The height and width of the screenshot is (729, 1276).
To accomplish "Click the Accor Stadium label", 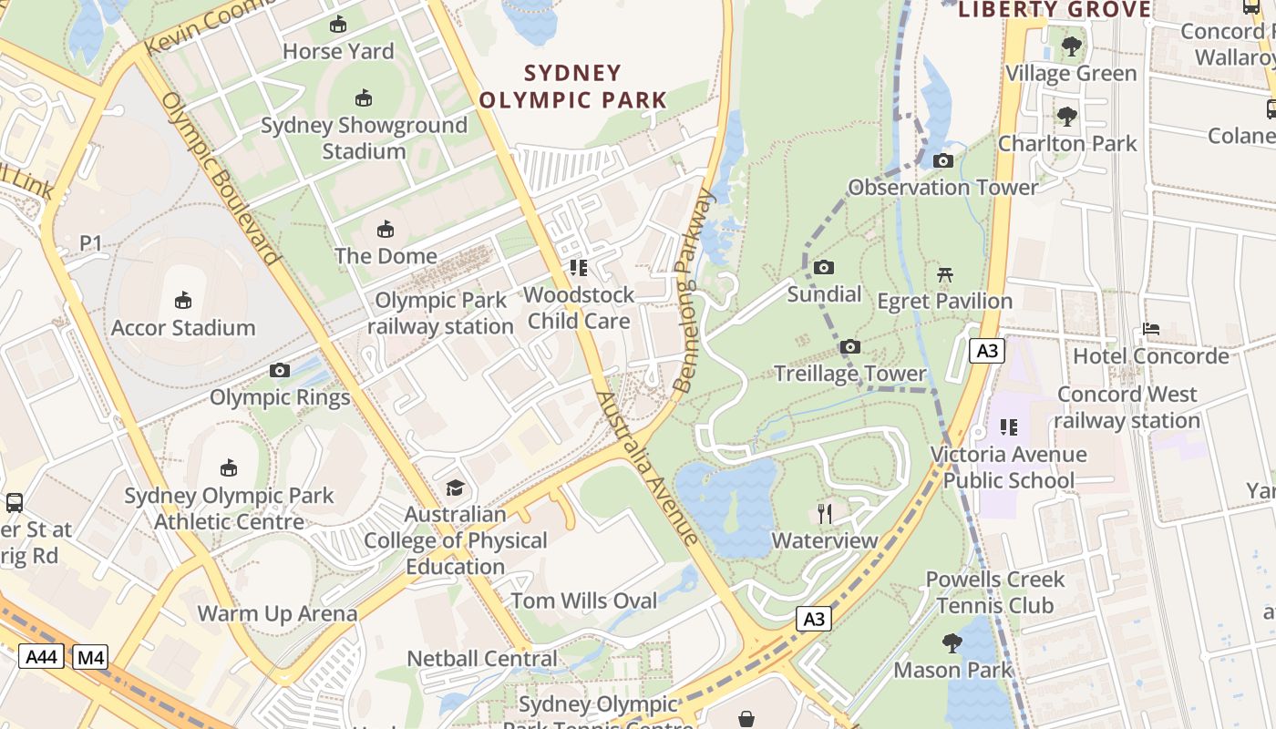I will [183, 328].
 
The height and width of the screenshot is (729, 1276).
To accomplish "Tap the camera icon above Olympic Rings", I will [280, 371].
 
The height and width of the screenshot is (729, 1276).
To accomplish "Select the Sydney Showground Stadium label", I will [364, 138].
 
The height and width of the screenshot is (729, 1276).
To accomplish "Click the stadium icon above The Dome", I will [386, 229].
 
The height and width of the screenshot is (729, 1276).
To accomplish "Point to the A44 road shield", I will [41, 656].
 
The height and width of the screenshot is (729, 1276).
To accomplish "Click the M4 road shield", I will [90, 656].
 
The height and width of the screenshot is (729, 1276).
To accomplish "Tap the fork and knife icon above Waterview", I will [825, 513].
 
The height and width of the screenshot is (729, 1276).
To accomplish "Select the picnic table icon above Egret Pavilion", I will [945, 274].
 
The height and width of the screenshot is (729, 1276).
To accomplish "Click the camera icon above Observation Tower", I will [943, 161].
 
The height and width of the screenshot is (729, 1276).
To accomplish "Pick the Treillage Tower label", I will [849, 374].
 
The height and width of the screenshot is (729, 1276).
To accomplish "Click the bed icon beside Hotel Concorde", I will [1151, 329].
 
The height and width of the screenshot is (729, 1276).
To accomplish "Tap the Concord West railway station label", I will [1127, 407].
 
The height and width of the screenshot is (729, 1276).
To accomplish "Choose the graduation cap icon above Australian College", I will [455, 488].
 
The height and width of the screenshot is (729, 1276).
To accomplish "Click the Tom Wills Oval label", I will [583, 601].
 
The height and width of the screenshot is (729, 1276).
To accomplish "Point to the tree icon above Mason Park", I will [952, 643].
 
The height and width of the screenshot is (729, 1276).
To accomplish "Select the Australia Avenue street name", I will [647, 469].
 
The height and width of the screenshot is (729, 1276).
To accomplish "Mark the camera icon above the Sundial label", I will [824, 268].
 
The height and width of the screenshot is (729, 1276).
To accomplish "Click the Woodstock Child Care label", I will [578, 308].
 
